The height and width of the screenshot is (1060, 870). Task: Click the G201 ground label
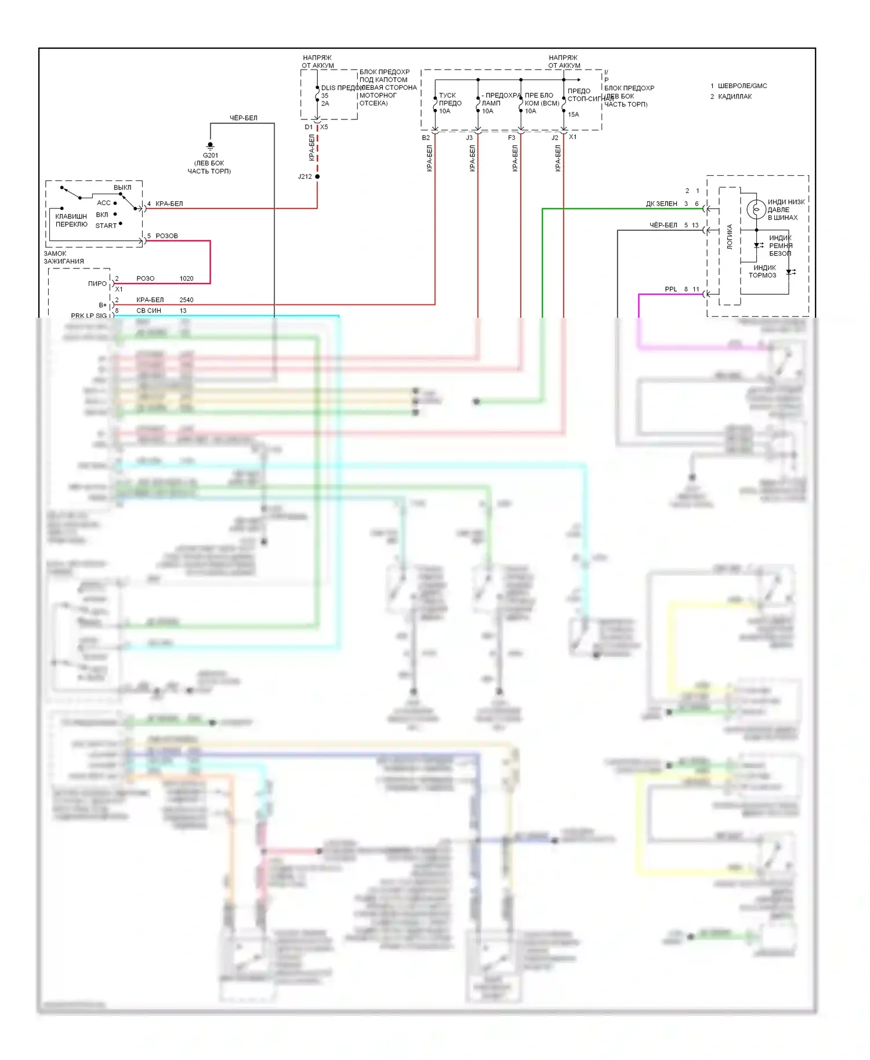point(210,155)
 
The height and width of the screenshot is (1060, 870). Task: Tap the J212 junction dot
point(317,176)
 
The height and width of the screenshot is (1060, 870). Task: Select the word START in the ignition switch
point(106,226)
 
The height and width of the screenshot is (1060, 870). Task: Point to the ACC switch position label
point(104,203)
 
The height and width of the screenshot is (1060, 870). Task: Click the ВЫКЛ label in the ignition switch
point(122,187)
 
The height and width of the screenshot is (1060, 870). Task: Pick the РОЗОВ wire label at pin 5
point(166,236)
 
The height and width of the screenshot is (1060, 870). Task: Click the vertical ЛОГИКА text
point(730,237)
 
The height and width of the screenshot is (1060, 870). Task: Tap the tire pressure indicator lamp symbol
point(756,209)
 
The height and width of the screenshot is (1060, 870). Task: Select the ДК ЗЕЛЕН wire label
point(662,204)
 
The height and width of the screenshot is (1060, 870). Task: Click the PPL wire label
point(670,289)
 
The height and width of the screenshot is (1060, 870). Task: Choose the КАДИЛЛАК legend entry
point(735,97)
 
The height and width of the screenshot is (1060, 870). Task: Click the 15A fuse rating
point(573,115)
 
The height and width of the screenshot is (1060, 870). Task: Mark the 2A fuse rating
point(325,104)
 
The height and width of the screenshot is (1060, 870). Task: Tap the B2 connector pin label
point(426,138)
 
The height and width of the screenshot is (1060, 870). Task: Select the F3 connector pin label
point(511,138)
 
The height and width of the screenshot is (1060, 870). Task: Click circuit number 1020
point(186,279)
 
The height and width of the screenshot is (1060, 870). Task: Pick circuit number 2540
point(186,300)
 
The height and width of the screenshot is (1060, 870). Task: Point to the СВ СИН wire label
point(148,311)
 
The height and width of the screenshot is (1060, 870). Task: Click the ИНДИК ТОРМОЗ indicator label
point(763,271)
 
